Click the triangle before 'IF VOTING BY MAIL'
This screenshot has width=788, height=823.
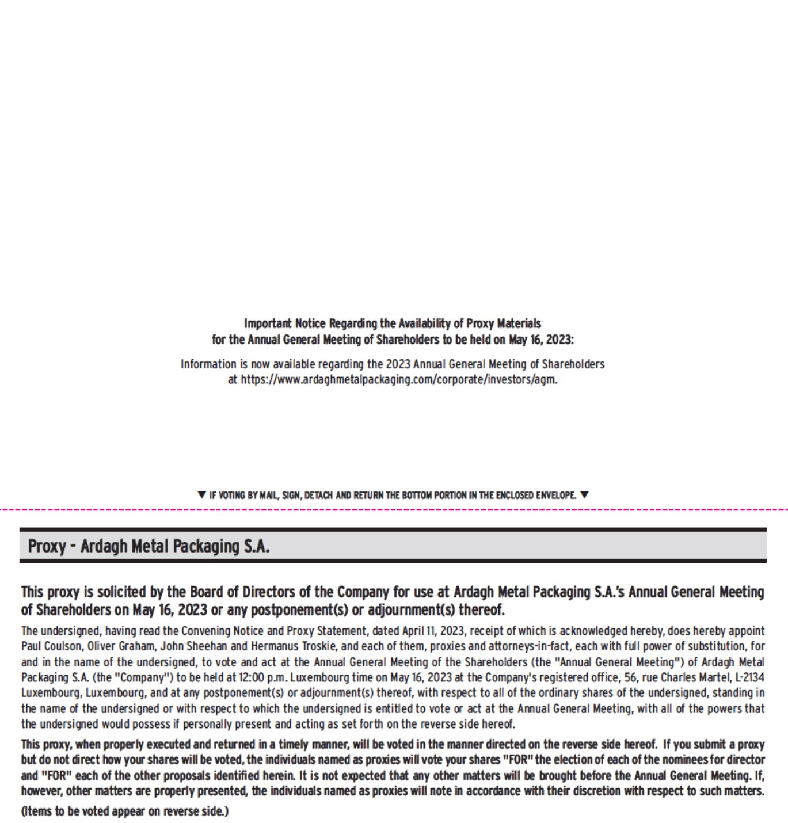[x=201, y=494]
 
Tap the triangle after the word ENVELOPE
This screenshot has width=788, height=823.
[x=584, y=494]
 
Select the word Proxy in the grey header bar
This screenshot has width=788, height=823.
[x=47, y=546]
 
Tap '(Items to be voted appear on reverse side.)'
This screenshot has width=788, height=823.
[x=125, y=811]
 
